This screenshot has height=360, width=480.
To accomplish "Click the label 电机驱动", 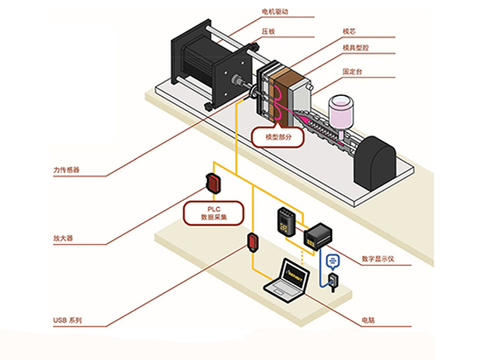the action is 275,12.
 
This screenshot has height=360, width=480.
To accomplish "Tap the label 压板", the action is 268,31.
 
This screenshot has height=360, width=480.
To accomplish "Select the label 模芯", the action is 350,31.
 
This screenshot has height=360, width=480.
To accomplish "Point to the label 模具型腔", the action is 356,48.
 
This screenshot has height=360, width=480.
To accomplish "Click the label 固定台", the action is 352,72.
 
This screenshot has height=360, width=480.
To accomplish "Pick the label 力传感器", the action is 66,170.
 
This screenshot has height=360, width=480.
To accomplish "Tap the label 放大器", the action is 63,238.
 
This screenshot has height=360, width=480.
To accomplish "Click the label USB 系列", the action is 67,321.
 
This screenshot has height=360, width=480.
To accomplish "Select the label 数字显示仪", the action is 378,259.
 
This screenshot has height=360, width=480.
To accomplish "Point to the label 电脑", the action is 368,320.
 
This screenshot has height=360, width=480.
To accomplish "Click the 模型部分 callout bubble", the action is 278,137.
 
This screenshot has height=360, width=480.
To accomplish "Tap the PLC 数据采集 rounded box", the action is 214,214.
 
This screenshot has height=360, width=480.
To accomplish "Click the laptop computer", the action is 287,282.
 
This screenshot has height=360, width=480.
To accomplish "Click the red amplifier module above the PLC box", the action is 214,183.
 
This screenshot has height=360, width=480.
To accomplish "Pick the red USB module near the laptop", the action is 253,242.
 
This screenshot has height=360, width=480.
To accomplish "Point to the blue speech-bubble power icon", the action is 333,262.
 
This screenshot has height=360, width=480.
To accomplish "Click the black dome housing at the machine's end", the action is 375,163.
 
